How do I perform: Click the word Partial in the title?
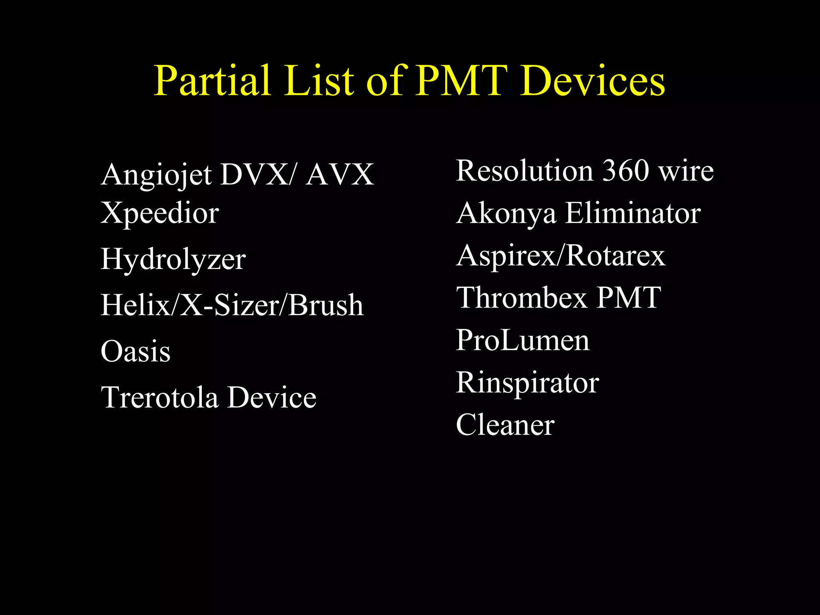pos(212,81)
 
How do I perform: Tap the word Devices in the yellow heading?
pos(593,81)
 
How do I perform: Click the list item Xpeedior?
pos(160,213)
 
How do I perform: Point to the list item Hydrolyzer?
pos(173,259)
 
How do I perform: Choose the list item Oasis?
pos(135,351)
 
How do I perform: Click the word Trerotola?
pos(160,397)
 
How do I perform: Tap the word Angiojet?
pos(156,175)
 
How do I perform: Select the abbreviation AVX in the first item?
pos(340,175)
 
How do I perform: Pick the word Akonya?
pos(506,213)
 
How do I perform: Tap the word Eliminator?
pos(633,213)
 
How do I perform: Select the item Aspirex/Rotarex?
pos(561,256)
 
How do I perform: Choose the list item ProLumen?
pos(523,340)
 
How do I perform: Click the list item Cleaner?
pos(505,425)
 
